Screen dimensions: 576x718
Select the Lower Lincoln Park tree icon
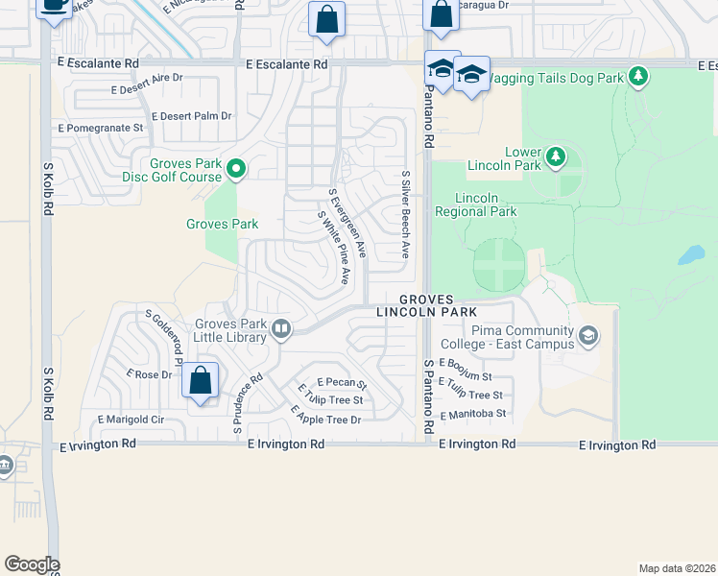point(555,156)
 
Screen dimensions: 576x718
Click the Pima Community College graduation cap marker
point(587,335)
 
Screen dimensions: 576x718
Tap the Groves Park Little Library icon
point(281,329)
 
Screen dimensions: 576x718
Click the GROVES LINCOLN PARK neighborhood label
point(426,305)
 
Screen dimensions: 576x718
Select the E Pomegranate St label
point(101,127)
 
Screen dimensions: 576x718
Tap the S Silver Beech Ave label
point(407,215)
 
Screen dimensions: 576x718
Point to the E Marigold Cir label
point(132,420)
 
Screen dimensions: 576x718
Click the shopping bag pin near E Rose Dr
point(200,381)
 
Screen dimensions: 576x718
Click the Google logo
point(32,564)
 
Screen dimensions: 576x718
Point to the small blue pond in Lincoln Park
point(690,255)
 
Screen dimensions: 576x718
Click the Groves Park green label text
point(222,225)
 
